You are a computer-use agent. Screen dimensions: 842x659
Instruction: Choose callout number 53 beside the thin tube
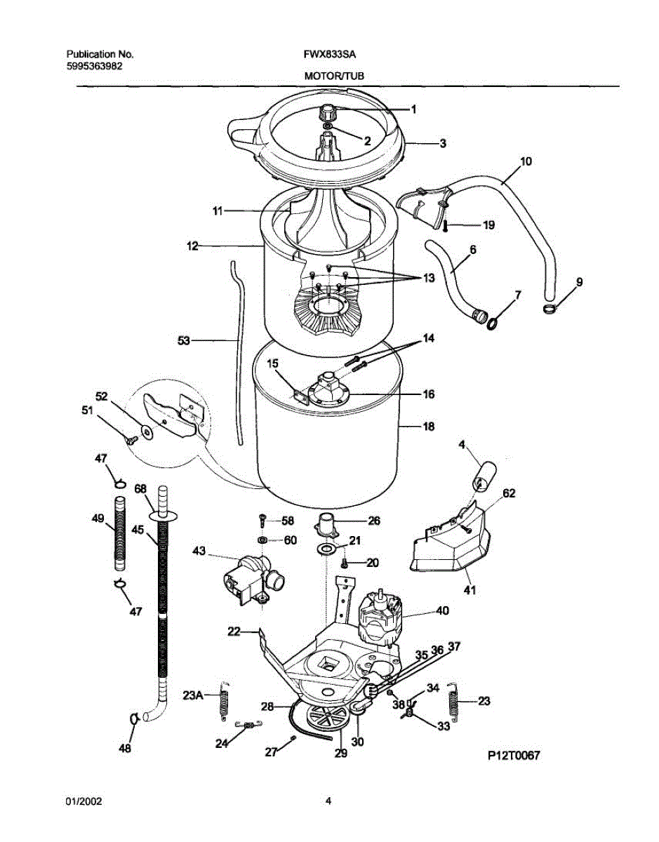click(183, 340)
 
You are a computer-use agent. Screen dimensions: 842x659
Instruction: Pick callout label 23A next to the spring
click(193, 695)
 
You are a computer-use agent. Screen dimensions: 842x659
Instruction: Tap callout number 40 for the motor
click(442, 610)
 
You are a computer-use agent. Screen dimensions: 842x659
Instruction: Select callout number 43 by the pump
click(199, 551)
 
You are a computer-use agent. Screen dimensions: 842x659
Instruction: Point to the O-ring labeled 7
click(494, 323)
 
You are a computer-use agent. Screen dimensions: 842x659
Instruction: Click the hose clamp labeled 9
click(550, 307)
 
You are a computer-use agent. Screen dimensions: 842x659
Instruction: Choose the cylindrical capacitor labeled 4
click(482, 480)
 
